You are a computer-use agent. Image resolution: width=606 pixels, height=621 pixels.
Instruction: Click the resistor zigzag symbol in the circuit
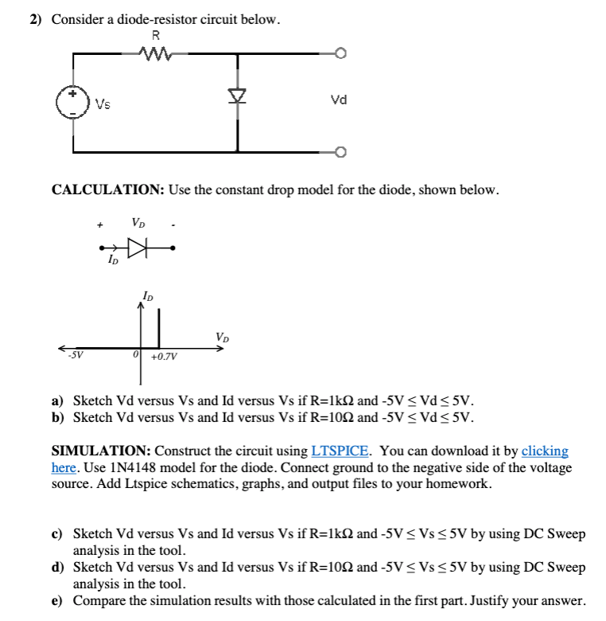156,54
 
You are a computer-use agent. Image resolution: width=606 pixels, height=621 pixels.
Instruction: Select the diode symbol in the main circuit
236,96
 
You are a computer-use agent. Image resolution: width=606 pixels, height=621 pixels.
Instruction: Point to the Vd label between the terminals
338,100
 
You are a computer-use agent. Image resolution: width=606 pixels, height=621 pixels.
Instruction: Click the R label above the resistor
155,35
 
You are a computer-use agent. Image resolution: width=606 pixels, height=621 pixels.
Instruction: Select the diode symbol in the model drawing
140,249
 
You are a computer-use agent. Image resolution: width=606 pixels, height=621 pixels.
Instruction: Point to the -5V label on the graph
76,355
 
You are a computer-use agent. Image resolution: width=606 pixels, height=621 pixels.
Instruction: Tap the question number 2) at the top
36,19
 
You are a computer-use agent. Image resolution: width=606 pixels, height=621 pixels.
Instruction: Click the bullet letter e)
57,600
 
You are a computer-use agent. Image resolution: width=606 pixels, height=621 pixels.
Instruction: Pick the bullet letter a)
57,400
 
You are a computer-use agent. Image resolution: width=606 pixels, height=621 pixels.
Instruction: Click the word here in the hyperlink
64,468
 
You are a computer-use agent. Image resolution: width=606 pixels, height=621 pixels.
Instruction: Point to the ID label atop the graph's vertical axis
147,297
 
